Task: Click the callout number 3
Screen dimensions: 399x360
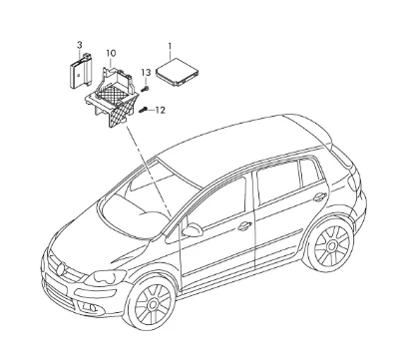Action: pyautogui.click(x=80, y=45)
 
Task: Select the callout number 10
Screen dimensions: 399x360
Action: pyautogui.click(x=111, y=53)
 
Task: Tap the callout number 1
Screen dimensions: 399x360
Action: pyautogui.click(x=170, y=45)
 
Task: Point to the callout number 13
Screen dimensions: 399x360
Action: pyautogui.click(x=146, y=72)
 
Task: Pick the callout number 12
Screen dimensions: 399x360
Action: pyautogui.click(x=161, y=110)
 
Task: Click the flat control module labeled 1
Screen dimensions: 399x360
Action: pyautogui.click(x=177, y=72)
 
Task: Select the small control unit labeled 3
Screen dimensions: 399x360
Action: pyautogui.click(x=81, y=71)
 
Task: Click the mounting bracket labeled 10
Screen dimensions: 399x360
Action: pyautogui.click(x=112, y=97)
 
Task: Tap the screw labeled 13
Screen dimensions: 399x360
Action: pyautogui.click(x=145, y=89)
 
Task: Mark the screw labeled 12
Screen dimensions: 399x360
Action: pyautogui.click(x=143, y=109)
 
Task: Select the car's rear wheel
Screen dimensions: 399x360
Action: pyautogui.click(x=330, y=246)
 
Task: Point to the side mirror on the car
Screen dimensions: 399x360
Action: pyautogui.click(x=193, y=229)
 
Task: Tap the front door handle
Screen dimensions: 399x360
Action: pyautogui.click(x=244, y=226)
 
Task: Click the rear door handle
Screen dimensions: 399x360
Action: pyautogui.click(x=320, y=197)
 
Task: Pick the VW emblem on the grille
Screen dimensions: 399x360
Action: pyautogui.click(x=60, y=269)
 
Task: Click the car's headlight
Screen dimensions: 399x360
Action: pyautogui.click(x=106, y=276)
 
